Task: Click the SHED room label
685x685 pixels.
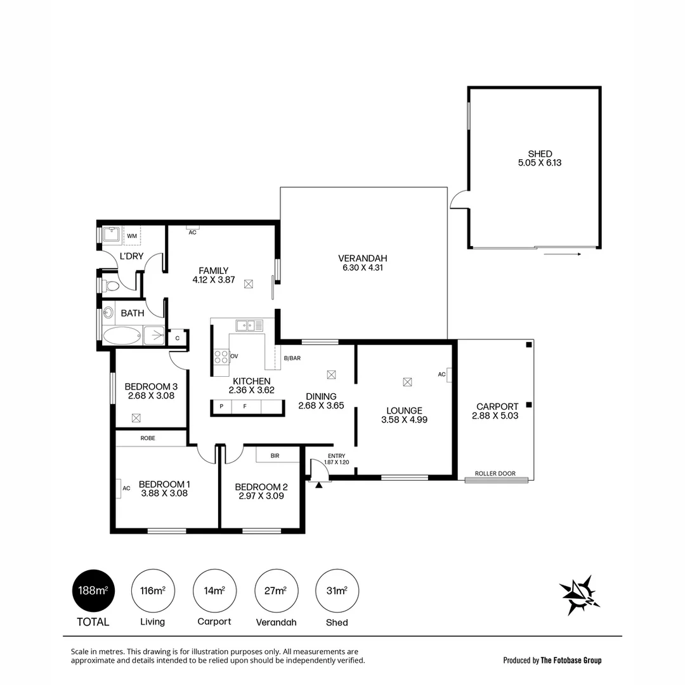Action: coord(540,153)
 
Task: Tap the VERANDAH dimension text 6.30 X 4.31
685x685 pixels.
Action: coord(362,268)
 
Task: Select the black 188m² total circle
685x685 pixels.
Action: coord(93,590)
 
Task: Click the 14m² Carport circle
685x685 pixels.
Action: coord(214,590)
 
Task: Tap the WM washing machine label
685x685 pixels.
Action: coord(132,236)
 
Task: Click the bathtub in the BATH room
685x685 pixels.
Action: coord(122,336)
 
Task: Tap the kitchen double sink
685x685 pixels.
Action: coord(250,325)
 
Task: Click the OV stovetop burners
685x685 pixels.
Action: coord(221,356)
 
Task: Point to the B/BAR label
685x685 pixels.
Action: coord(292,358)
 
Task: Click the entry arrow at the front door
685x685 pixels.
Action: coord(319,485)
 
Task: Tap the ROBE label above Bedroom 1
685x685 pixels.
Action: coord(148,438)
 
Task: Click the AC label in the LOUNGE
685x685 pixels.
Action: coord(442,374)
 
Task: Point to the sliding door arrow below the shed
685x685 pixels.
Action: coord(563,254)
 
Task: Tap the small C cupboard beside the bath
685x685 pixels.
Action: coord(178,338)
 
